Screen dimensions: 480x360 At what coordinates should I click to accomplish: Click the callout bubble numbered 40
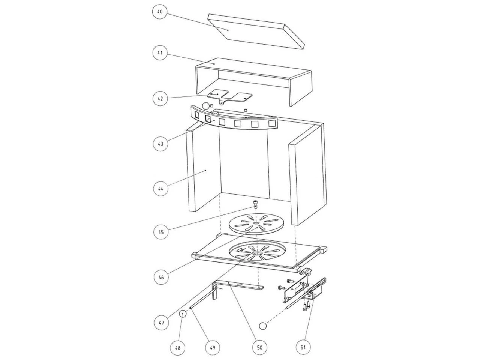(160, 11)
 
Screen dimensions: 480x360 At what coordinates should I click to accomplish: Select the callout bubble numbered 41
(160, 52)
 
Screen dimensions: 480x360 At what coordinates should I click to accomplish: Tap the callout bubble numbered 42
(160, 98)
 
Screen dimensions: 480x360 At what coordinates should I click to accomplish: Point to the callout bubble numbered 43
(161, 144)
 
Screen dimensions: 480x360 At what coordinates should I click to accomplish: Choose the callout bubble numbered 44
(161, 188)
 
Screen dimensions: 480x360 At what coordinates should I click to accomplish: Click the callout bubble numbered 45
(161, 232)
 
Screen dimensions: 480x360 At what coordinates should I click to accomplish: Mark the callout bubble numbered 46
(161, 277)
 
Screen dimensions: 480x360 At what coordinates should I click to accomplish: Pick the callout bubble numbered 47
(162, 322)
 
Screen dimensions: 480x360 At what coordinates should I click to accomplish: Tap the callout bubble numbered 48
(178, 348)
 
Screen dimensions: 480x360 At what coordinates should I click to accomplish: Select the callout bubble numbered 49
(213, 348)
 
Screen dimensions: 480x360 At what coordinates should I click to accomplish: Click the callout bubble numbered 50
(259, 347)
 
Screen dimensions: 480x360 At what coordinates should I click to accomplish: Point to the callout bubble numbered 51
(303, 347)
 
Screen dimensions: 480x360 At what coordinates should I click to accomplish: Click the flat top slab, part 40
(256, 32)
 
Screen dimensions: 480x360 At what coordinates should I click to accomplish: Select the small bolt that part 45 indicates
(255, 204)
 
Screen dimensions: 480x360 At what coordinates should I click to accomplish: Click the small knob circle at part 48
(182, 314)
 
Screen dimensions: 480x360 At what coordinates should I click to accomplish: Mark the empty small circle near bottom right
(263, 326)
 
